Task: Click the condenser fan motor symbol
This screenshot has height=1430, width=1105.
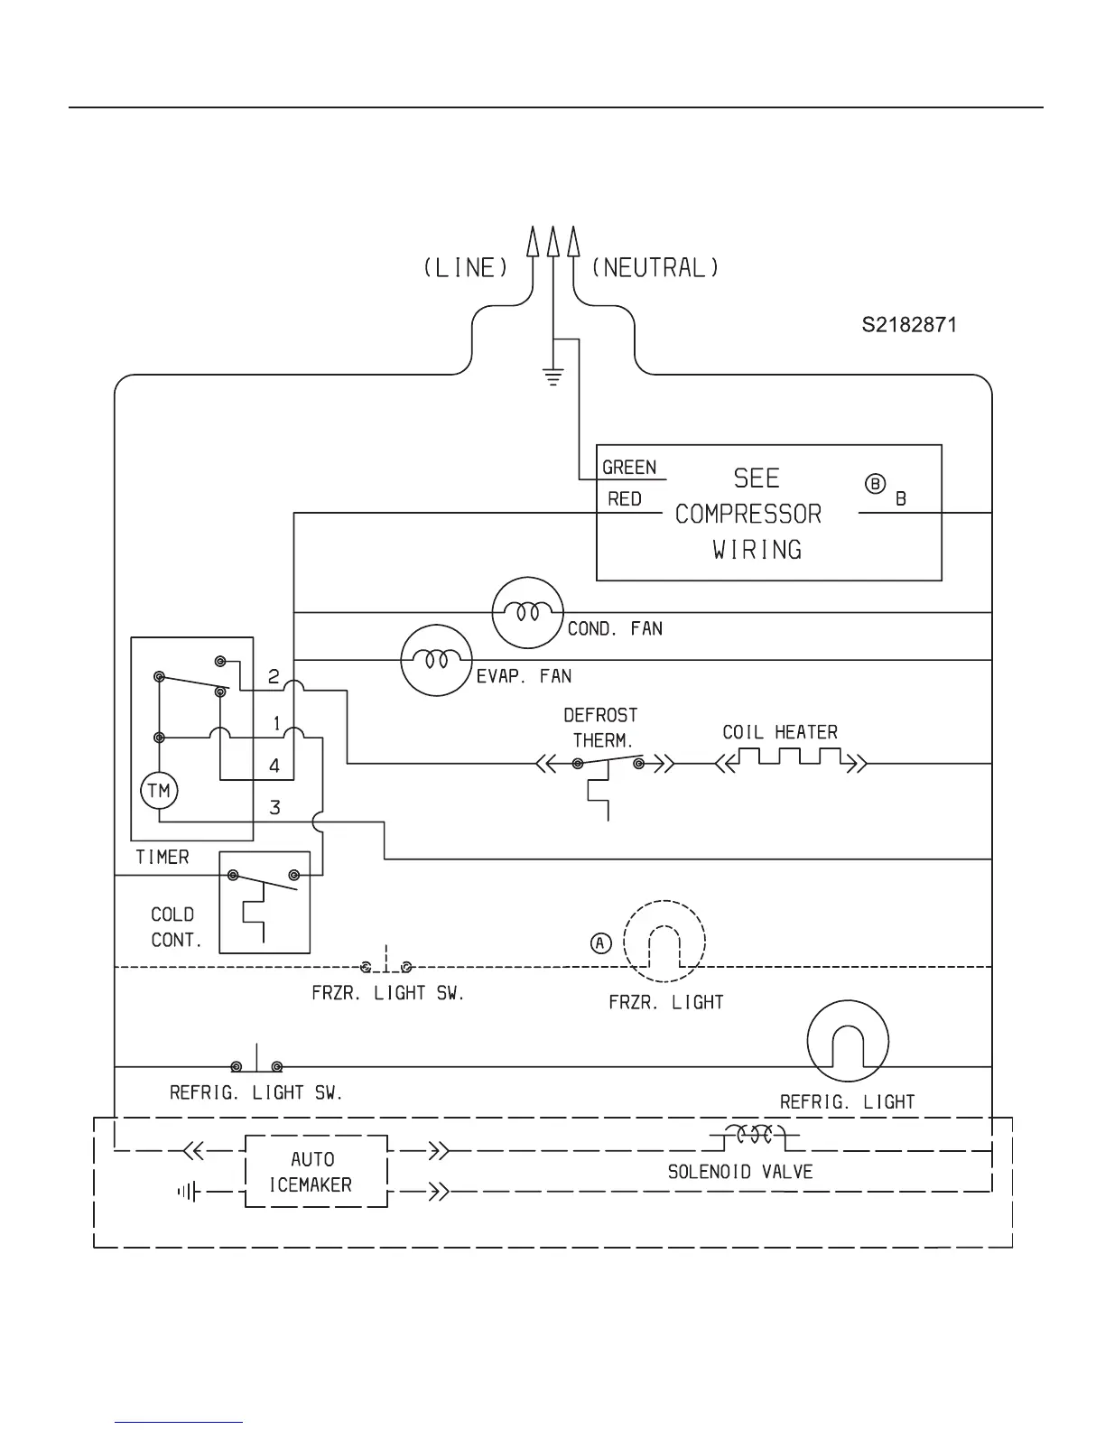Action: coord(528,613)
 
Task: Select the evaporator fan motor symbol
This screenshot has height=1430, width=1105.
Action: coord(437,660)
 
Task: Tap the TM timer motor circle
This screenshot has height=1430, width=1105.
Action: coord(159,792)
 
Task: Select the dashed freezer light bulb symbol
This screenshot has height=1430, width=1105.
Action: coord(664,942)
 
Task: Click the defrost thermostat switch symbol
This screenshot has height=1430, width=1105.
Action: coord(607,764)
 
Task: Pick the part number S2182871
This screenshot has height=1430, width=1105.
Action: coord(908,324)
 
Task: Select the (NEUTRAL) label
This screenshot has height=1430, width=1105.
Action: coord(655,268)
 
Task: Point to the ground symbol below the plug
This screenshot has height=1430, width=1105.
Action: coord(552,376)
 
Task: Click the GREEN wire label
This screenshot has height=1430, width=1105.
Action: coord(629,467)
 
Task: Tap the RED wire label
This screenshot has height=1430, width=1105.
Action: coord(624,499)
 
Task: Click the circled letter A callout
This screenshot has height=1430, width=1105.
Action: coord(601,943)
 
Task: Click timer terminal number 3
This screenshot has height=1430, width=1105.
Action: coord(275,807)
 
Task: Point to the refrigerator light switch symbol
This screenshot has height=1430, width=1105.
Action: coord(256,1064)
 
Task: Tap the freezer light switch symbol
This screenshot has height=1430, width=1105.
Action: coord(386,965)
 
